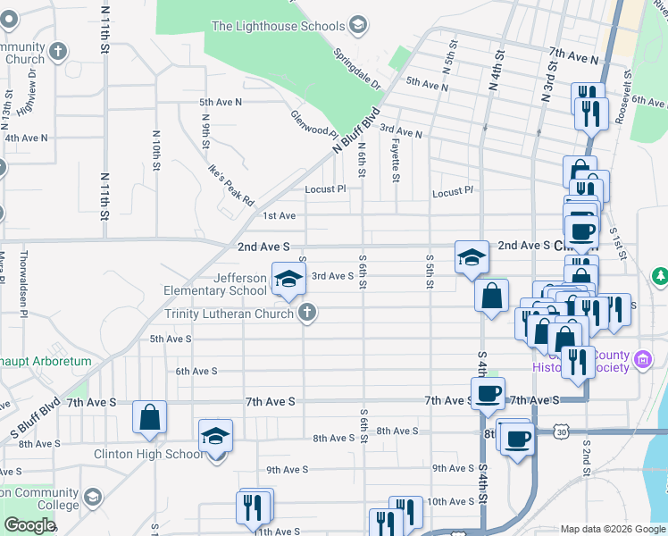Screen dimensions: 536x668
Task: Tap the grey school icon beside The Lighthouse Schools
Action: [358, 23]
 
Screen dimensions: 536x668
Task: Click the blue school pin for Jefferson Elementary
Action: [288, 281]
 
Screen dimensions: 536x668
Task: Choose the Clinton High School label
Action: [148, 454]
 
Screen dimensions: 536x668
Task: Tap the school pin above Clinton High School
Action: [215, 437]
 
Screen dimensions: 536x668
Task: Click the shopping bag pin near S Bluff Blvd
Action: [150, 417]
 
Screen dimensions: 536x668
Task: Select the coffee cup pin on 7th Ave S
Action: [488, 394]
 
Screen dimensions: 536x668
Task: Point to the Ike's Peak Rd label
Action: [231, 184]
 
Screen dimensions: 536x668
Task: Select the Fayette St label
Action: [395, 162]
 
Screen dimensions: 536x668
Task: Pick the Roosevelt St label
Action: [629, 97]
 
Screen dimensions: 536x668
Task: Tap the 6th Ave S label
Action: [196, 371]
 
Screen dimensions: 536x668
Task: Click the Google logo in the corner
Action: [29, 525]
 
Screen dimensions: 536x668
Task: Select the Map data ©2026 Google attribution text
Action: [612, 529]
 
